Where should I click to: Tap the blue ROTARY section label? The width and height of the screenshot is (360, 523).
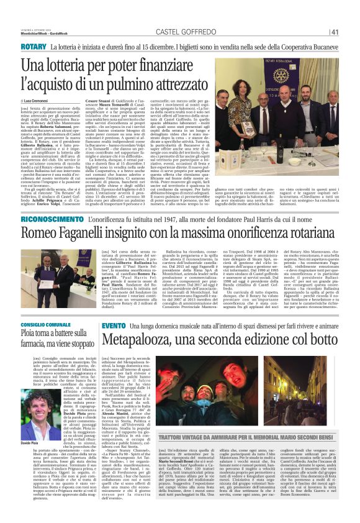click(x=33, y=47)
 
